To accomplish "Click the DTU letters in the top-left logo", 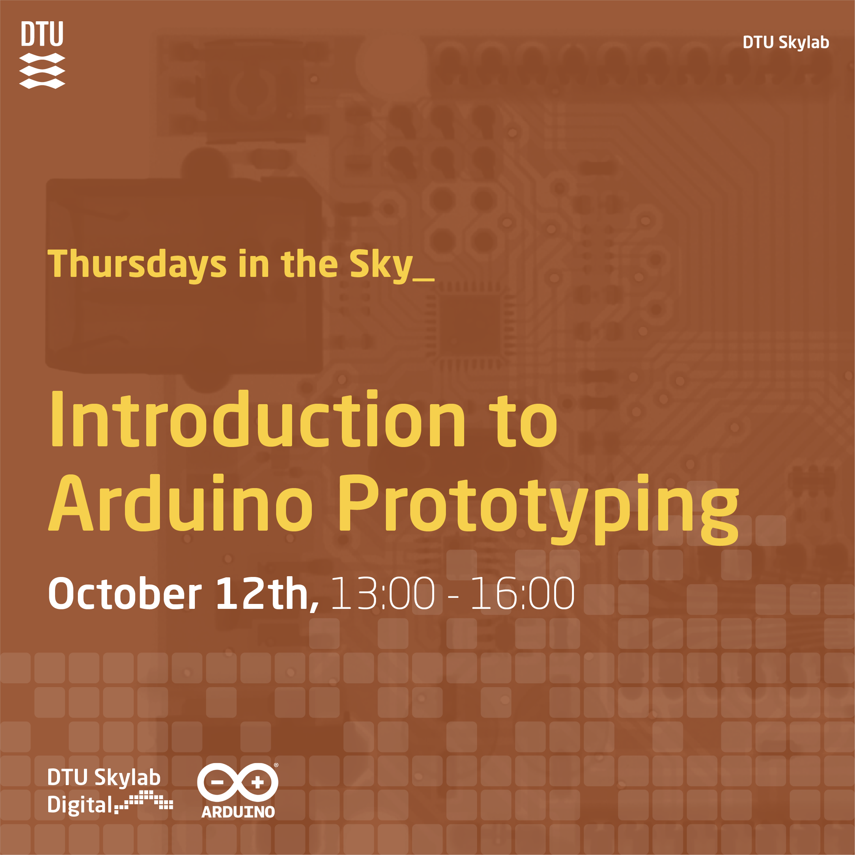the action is (x=42, y=34).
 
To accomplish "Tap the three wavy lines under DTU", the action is (x=42, y=71).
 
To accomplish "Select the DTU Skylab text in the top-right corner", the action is (x=785, y=43).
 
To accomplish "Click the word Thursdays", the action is (x=137, y=265).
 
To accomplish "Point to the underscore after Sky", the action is (x=423, y=278).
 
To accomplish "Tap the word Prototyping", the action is (x=539, y=509).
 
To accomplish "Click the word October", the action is (x=125, y=593).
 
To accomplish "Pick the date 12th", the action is (x=267, y=593).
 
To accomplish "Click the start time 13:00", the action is (x=383, y=593).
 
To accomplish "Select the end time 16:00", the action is (x=522, y=593).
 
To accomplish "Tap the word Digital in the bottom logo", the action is (x=80, y=804).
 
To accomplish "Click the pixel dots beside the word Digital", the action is (x=144, y=801).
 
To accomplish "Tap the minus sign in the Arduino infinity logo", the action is (x=217, y=782).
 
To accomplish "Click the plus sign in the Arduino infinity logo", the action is (x=258, y=782).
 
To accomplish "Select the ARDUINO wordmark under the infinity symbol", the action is (x=238, y=812).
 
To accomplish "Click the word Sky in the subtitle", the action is (x=381, y=265).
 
